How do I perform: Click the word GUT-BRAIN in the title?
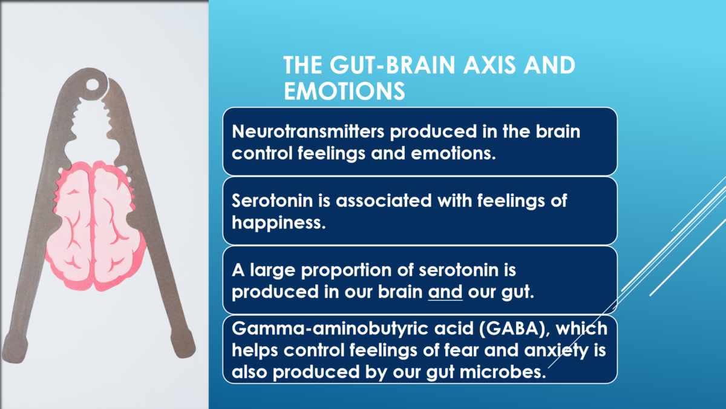click(393, 65)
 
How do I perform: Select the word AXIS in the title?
click(489, 65)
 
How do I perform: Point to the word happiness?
click(279, 224)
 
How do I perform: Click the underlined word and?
click(445, 291)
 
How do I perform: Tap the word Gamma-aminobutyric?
click(330, 329)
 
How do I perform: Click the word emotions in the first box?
click(453, 153)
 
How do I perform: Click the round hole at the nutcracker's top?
click(93, 85)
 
